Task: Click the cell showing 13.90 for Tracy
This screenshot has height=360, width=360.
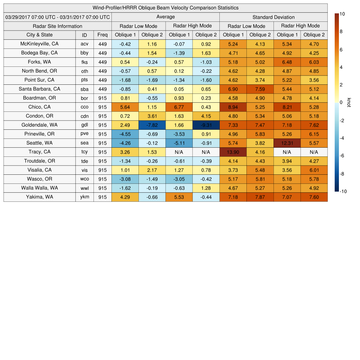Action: click(x=233, y=152)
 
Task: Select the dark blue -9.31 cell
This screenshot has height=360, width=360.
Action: click(x=206, y=125)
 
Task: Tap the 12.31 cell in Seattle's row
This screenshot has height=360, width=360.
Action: click(x=287, y=143)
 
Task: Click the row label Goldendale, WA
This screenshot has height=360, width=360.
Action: click(x=39, y=125)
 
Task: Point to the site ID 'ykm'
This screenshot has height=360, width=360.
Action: click(x=84, y=197)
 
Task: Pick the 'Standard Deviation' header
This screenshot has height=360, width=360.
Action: click(x=274, y=17)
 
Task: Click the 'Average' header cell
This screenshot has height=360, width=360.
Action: click(x=165, y=17)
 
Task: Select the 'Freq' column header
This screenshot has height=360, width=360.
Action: click(x=102, y=35)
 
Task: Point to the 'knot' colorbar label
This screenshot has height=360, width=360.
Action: click(x=349, y=102)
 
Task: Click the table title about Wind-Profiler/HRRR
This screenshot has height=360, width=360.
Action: click(x=166, y=8)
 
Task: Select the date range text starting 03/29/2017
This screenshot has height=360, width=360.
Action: click(x=58, y=17)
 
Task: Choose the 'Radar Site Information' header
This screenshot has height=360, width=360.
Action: click(x=57, y=26)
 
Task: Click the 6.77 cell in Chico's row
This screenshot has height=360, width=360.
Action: click(x=179, y=107)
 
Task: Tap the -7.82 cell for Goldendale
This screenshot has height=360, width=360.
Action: click(x=152, y=125)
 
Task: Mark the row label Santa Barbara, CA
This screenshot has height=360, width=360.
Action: click(x=39, y=89)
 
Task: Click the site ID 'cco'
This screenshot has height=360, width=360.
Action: click(x=84, y=107)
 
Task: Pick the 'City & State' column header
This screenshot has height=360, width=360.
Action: click(x=39, y=35)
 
